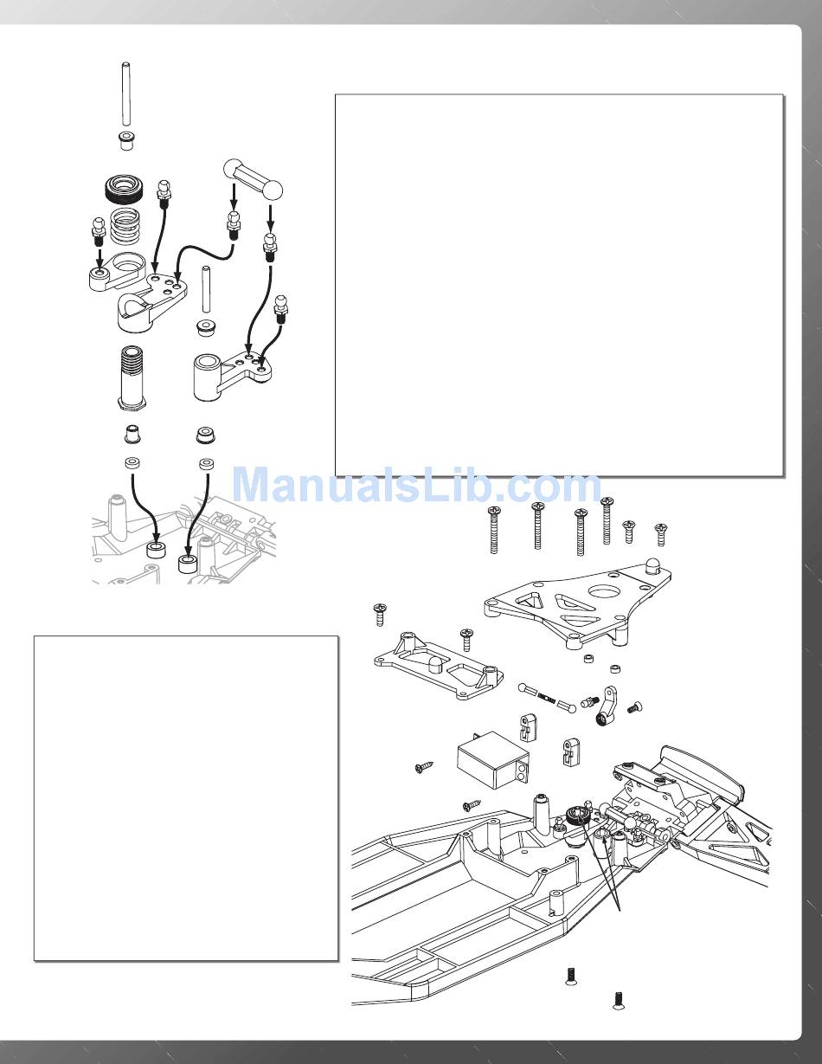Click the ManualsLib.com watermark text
417,487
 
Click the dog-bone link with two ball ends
254,177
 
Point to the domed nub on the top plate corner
652,567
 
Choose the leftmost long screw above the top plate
496,530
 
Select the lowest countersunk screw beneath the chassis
619,1000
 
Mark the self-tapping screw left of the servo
423,767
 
